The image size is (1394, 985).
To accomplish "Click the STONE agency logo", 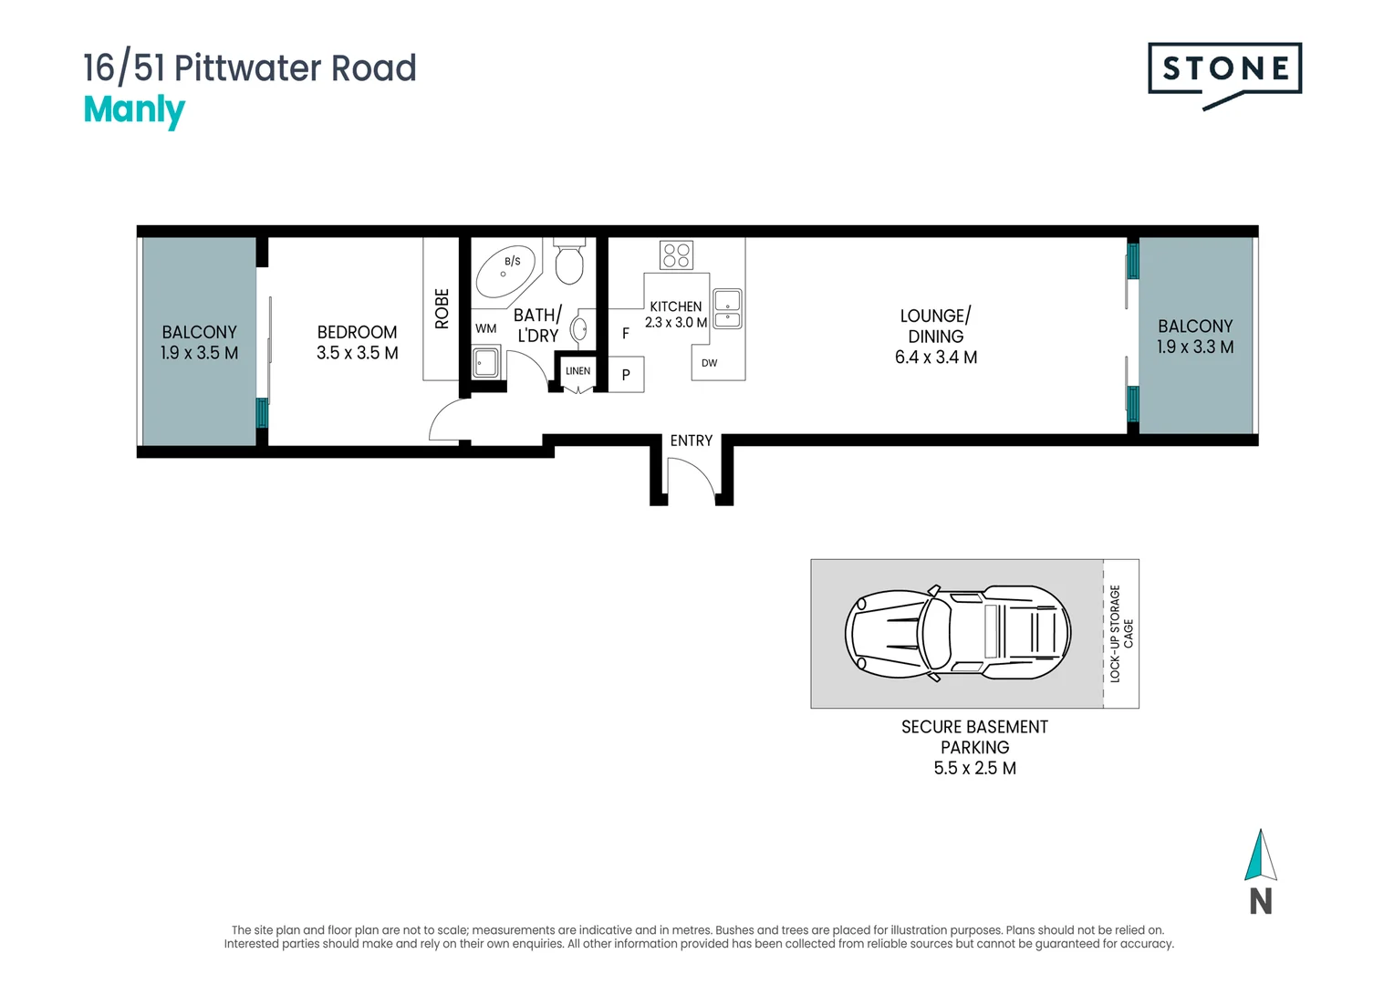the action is pos(1224,75).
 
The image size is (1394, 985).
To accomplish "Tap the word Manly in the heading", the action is pos(134,110).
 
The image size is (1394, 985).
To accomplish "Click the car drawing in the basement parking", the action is pos(957,633).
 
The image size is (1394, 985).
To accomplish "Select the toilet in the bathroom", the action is pos(568,262).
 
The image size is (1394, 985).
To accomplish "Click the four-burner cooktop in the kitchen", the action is pos(676,255).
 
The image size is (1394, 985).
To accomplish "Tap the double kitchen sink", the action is pos(727,308).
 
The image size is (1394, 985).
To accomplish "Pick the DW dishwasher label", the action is pos(709,363).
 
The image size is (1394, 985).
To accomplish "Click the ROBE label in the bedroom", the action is pos(442,308).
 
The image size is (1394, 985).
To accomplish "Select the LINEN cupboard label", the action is pos(577,371).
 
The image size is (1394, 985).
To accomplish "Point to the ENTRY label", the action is pos(691,441).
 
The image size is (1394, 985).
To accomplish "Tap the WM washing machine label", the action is pos(485,328).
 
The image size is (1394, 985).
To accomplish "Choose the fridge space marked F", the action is pos(626,334).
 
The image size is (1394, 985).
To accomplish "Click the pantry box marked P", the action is pos(626,375).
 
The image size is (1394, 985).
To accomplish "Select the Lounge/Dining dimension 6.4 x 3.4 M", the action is pos(935,358).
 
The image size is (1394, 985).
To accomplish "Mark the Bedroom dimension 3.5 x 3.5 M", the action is pos(358,353).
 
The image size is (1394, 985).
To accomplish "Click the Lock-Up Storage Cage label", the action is pos(1121,634).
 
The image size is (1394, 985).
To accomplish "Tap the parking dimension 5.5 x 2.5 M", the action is pos(974,768).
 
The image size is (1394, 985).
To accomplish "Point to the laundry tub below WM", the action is pos(485,363).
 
